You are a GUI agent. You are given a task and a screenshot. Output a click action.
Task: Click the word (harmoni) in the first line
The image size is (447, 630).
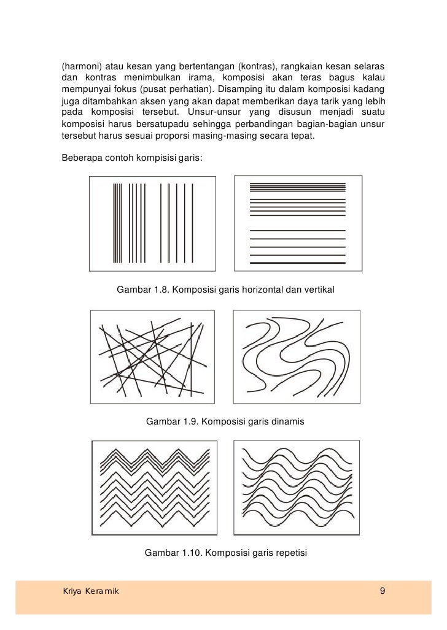tap(80, 66)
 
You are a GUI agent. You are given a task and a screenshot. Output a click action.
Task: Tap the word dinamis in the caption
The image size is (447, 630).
tap(288, 422)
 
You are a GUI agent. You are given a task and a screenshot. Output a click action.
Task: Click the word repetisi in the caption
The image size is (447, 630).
tap(289, 553)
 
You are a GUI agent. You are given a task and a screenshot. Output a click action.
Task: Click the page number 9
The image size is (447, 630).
tap(383, 591)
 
